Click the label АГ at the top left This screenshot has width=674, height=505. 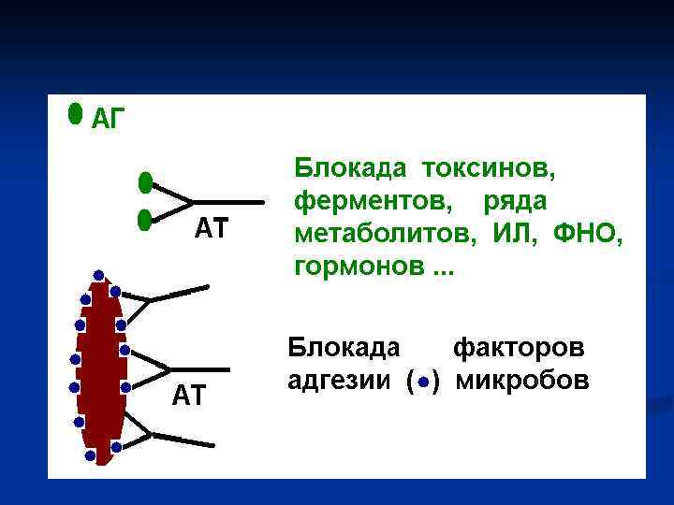coord(108,118)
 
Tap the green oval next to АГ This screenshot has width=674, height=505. coord(75,113)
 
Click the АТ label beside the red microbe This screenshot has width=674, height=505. coord(188,396)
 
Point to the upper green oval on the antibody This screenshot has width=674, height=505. coord(145,181)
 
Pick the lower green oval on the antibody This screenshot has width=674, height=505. coord(144,220)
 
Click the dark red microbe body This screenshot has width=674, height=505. coord(100,374)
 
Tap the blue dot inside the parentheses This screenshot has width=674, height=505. coord(424,382)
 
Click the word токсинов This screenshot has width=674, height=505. coord(489,168)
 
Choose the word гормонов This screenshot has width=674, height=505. coord(359,267)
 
